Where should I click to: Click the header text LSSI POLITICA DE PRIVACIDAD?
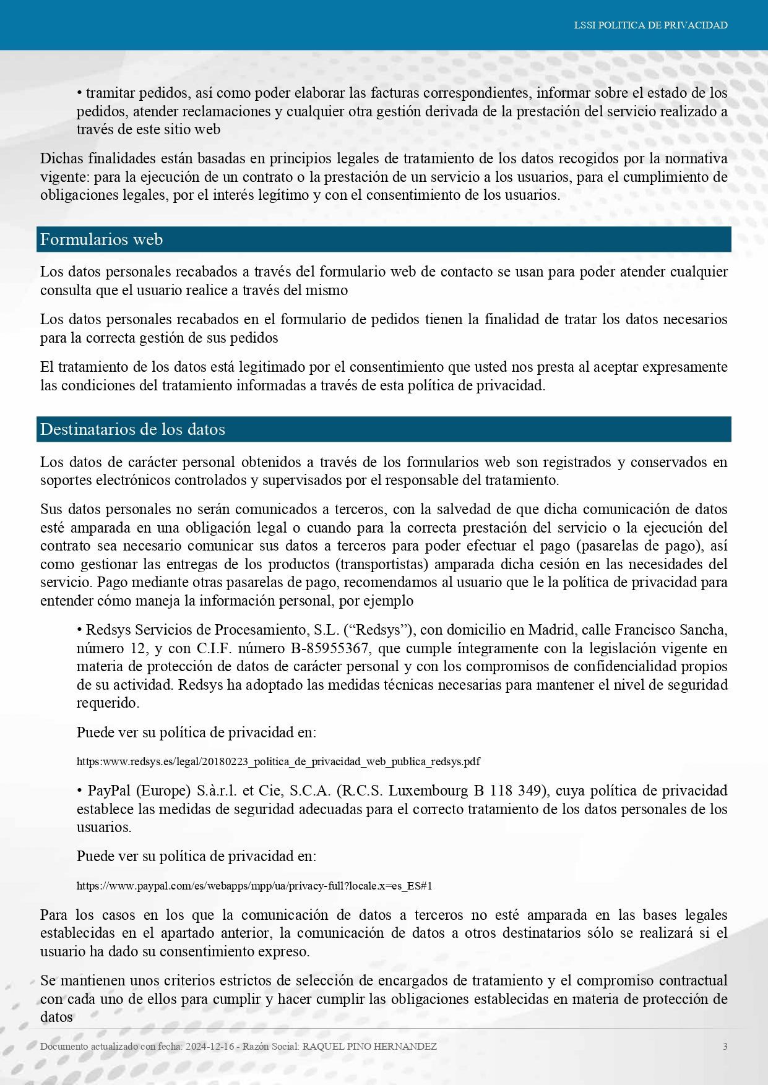(650, 25)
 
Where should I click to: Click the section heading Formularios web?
(101, 239)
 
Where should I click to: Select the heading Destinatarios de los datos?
(132, 429)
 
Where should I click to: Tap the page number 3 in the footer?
(725, 1047)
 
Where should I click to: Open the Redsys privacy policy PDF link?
(278, 761)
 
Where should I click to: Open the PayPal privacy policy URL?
(254, 886)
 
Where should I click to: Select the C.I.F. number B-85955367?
(332, 648)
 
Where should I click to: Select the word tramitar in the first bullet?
(111, 93)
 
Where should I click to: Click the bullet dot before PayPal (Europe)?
(80, 791)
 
